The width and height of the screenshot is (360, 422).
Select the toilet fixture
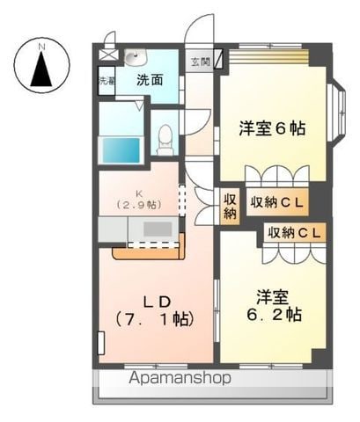(164, 138)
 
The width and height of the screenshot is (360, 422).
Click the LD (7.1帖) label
(151, 309)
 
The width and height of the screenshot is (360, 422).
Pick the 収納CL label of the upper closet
(276, 202)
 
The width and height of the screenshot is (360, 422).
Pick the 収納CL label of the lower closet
(294, 233)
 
